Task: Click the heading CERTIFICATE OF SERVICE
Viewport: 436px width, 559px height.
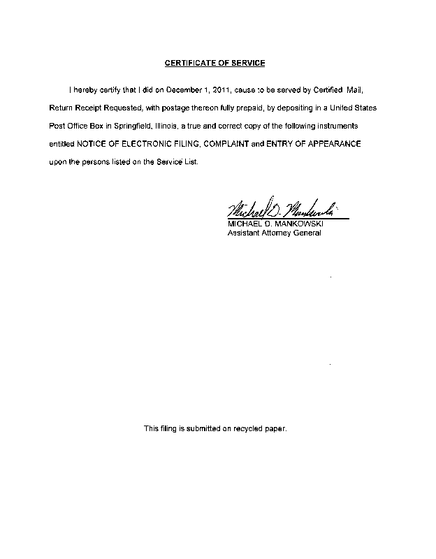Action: point(215,64)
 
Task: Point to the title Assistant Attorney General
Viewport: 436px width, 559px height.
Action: point(275,233)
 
